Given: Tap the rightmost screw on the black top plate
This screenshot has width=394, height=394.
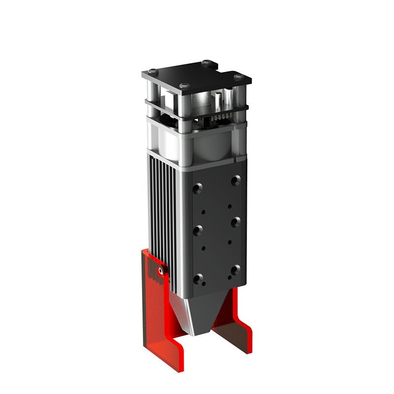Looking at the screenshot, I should tap(238, 76).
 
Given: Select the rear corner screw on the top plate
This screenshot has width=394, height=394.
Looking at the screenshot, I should tap(207, 63).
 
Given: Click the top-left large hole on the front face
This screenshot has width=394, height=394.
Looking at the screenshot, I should tap(198, 188).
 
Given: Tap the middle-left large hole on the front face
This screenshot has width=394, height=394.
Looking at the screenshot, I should tap(198, 230).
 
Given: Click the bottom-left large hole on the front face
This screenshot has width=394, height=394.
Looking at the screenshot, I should tap(198, 279).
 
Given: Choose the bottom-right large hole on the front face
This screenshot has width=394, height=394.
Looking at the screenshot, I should tap(235, 269).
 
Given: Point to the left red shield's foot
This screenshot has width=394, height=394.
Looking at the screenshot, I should tap(167, 345).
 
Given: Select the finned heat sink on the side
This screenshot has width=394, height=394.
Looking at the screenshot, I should tap(162, 207).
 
